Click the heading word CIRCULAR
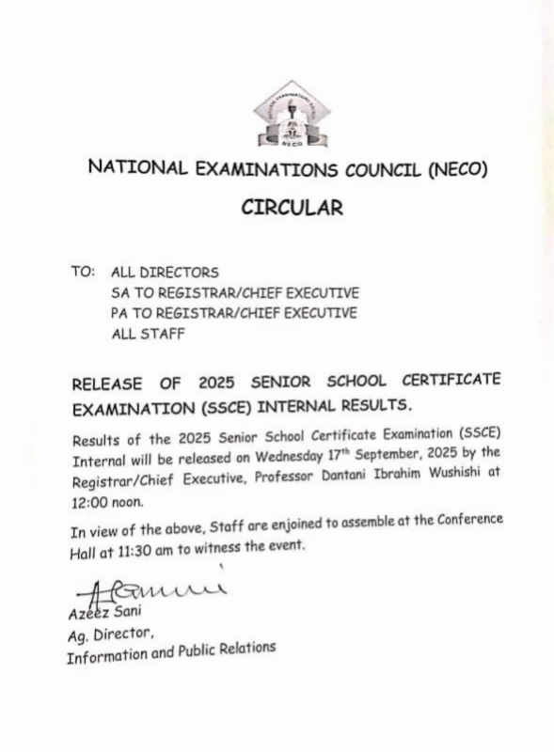[292, 208]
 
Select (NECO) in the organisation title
[460, 169]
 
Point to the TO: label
[83, 272]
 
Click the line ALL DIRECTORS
[165, 273]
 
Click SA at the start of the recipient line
[119, 292]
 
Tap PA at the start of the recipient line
[119, 313]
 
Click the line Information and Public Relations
[171, 652]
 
